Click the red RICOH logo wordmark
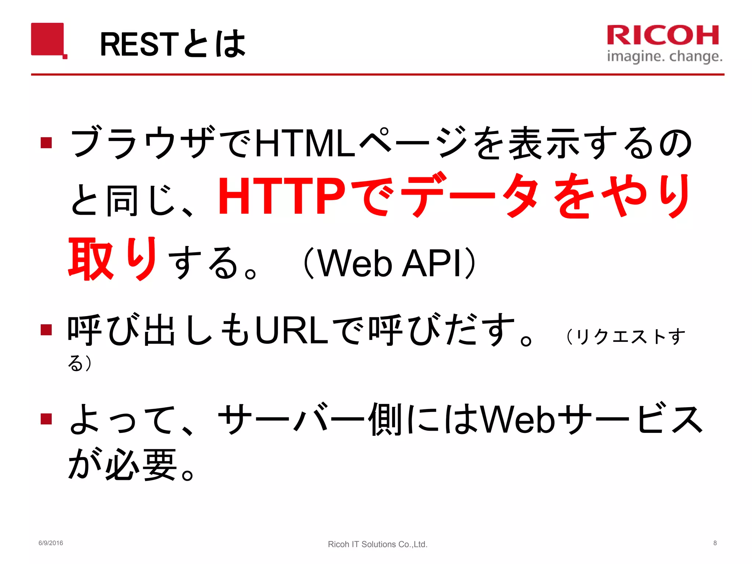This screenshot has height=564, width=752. (x=663, y=35)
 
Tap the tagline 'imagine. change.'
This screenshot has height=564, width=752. (x=665, y=57)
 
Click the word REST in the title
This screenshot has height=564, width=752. (x=139, y=44)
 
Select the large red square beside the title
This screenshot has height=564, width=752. (x=47, y=39)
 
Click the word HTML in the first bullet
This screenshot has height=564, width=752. (x=305, y=143)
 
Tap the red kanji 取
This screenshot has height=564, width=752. (x=91, y=259)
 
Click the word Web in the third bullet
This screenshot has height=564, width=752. (x=518, y=419)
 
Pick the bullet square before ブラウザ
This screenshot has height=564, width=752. (x=46, y=142)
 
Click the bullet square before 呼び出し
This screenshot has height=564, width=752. (x=46, y=329)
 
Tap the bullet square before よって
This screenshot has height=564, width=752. (x=46, y=419)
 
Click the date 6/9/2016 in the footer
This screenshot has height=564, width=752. (x=51, y=543)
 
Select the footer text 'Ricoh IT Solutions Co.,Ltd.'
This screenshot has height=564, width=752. (x=377, y=544)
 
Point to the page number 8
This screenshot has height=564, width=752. (x=715, y=543)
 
